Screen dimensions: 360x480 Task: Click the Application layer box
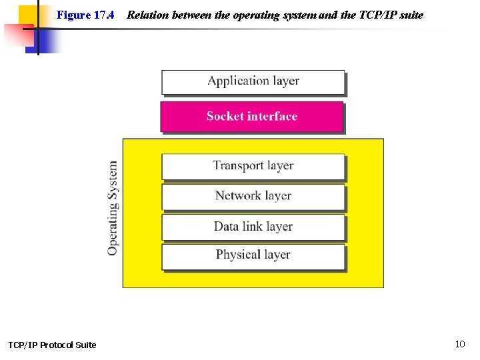[253, 82]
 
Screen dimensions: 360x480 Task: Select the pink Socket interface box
[252, 117]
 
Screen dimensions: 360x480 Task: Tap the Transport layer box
[253, 167]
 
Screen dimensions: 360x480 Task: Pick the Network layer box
[253, 197]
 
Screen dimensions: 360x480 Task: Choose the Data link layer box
[253, 227]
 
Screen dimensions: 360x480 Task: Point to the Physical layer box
[253, 256]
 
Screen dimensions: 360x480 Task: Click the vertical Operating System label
[113, 207]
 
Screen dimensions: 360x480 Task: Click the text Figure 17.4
[85, 15]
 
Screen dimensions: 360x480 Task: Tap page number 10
[460, 344]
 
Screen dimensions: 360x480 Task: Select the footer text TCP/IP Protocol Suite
[52, 345]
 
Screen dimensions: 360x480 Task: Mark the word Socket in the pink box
[225, 116]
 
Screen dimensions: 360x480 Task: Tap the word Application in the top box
[238, 81]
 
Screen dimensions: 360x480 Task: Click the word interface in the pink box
[272, 116]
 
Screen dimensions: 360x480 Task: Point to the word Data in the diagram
[226, 226]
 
